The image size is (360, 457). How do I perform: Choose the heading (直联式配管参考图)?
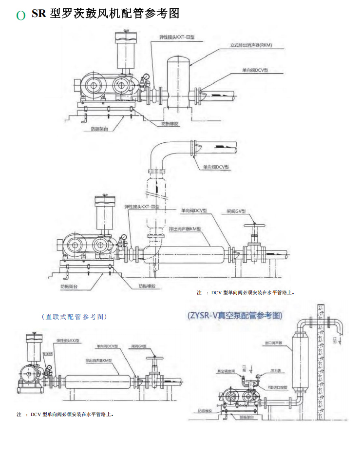click(74, 317)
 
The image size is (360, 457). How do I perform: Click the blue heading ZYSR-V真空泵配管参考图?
click(235, 315)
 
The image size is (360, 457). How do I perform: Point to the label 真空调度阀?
click(227, 371)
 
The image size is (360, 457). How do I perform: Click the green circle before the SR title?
click(20, 16)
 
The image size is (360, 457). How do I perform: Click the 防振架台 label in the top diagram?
click(99, 129)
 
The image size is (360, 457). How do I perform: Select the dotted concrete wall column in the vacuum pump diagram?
click(321, 361)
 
